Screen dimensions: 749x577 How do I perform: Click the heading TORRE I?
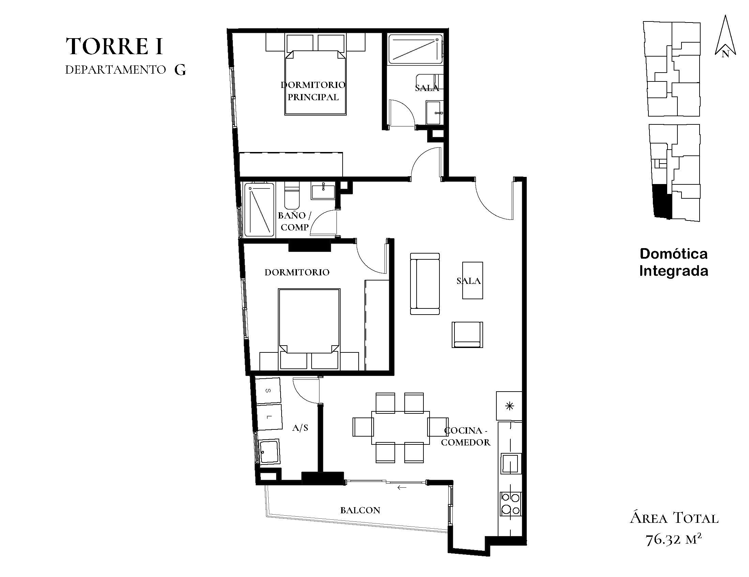114,46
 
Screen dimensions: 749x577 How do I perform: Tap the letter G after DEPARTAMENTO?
180,70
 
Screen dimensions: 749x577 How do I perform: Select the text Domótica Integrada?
674,262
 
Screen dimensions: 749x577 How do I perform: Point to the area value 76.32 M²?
674,539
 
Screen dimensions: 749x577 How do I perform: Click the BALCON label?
360,510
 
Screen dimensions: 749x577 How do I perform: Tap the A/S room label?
300,427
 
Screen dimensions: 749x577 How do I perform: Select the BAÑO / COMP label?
294,221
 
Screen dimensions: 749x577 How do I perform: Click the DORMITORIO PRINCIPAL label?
313,91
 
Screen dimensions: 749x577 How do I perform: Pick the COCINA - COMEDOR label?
466,436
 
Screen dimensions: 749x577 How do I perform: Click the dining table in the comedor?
401,428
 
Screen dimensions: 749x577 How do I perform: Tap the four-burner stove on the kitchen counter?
511,504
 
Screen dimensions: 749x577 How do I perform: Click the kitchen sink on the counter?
511,464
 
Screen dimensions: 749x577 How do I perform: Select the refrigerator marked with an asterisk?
509,406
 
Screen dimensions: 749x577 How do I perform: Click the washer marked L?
270,417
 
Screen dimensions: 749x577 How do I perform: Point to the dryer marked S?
268,391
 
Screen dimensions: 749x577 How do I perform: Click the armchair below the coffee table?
467,335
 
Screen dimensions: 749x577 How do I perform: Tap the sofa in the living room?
425,284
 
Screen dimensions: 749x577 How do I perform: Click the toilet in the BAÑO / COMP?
292,195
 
